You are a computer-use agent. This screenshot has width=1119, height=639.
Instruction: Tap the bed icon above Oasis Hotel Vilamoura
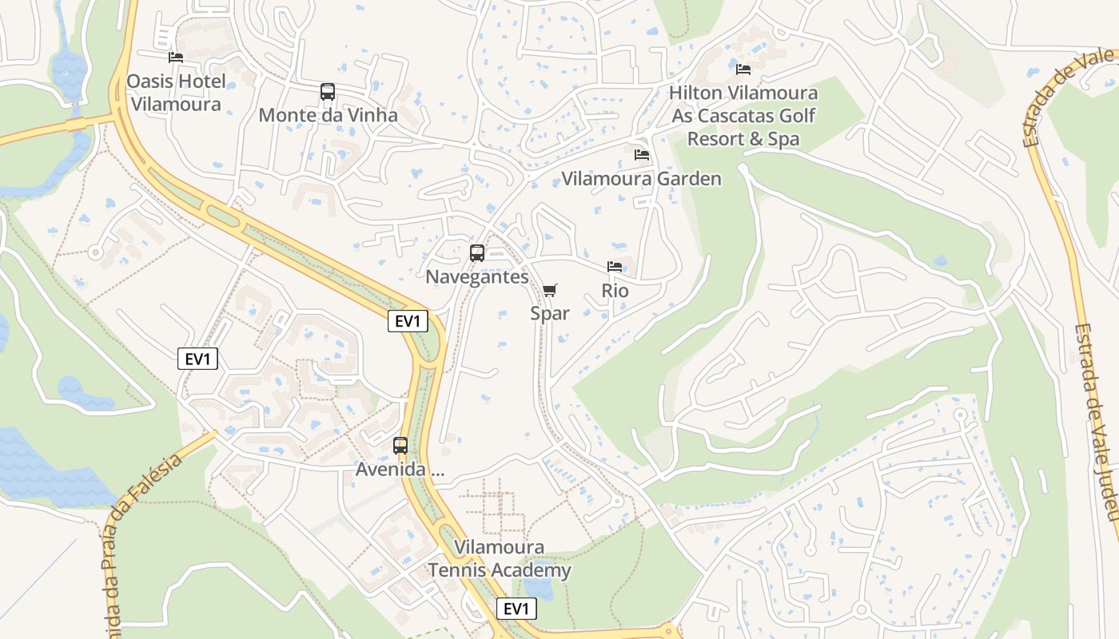point(176,58)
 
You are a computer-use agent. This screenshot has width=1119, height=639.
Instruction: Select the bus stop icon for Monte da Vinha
point(328,92)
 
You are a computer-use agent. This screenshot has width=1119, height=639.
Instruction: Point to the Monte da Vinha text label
point(328,115)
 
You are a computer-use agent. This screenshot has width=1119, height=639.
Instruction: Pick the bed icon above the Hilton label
point(743,69)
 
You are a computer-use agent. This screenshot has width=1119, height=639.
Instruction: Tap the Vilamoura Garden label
point(641,179)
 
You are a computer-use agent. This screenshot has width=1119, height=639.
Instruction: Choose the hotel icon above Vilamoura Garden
point(641,155)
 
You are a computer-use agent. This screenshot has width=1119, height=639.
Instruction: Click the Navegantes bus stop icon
point(477,253)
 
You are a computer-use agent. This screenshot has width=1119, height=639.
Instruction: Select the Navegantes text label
point(477,277)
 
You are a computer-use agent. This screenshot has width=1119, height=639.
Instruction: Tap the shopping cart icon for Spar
point(549,290)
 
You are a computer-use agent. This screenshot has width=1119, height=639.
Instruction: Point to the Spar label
point(550,313)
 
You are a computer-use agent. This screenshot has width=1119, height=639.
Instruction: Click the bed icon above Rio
point(615,267)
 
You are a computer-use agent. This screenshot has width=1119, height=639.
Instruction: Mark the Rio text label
point(615,291)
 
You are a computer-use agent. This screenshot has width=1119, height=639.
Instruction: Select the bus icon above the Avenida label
point(400,446)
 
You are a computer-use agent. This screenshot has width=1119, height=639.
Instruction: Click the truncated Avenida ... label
point(400,470)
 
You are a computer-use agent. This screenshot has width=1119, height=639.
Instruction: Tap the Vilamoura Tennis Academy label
point(500,559)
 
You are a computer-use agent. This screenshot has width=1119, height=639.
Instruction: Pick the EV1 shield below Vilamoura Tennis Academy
point(516,609)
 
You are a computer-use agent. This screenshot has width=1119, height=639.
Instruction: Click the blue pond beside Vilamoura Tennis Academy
point(542,589)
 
